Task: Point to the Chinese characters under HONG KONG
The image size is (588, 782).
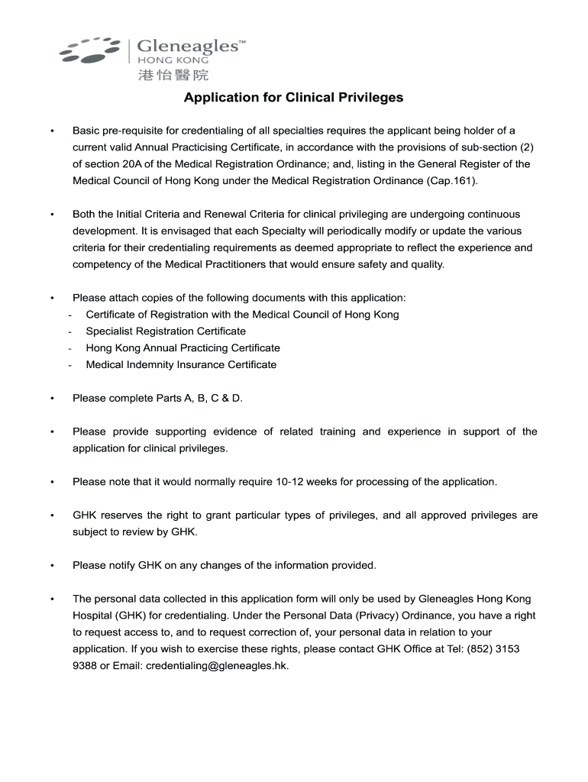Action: pyautogui.click(x=173, y=75)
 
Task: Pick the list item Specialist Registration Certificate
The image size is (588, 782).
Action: pyautogui.click(x=166, y=331)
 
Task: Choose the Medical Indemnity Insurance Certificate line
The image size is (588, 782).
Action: pyautogui.click(x=181, y=365)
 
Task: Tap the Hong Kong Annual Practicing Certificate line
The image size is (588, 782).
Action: pyautogui.click(x=183, y=348)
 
